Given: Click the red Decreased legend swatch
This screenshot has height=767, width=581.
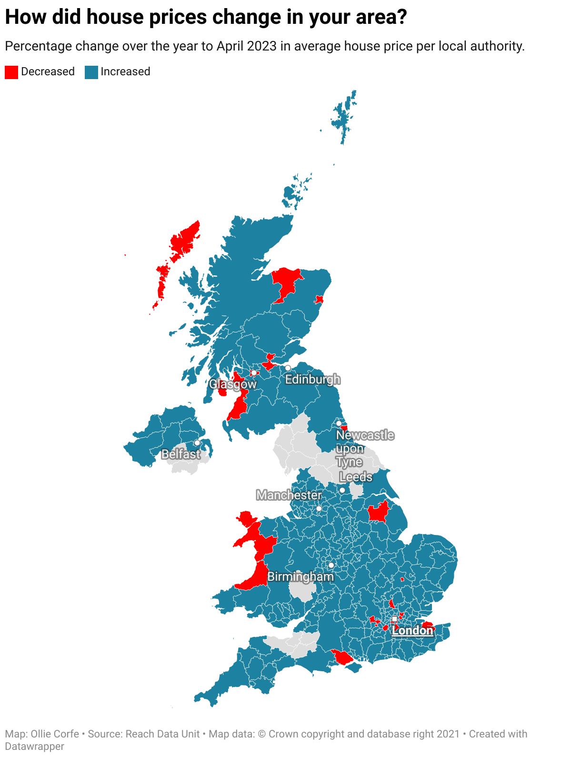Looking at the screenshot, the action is [11, 72].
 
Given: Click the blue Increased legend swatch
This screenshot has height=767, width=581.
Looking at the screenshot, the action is [91, 72].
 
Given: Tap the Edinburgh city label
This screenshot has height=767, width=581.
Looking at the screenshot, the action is [312, 379].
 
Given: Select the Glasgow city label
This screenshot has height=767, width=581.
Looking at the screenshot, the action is [233, 384].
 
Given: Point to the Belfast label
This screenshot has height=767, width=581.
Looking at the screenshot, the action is [181, 454].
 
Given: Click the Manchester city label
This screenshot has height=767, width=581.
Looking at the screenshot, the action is [289, 495].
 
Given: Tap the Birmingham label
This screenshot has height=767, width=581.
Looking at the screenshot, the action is [301, 576].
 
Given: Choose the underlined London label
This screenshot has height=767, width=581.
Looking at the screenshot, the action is [412, 631].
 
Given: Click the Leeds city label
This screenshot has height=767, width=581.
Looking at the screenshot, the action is [356, 477].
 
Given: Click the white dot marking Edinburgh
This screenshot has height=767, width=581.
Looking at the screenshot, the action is [288, 368].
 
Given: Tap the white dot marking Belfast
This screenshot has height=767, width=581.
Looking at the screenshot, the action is [197, 443].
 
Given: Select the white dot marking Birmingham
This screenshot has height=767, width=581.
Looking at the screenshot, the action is [331, 565].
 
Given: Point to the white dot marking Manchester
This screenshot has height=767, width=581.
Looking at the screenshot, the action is [319, 509].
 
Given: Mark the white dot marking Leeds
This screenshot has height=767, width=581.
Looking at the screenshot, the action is [342, 490].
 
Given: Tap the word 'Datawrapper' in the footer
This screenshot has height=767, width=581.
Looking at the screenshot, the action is [34, 747].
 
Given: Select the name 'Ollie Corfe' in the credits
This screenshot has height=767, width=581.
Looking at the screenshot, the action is [55, 734].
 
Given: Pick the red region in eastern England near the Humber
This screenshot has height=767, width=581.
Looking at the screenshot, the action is [379, 513].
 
